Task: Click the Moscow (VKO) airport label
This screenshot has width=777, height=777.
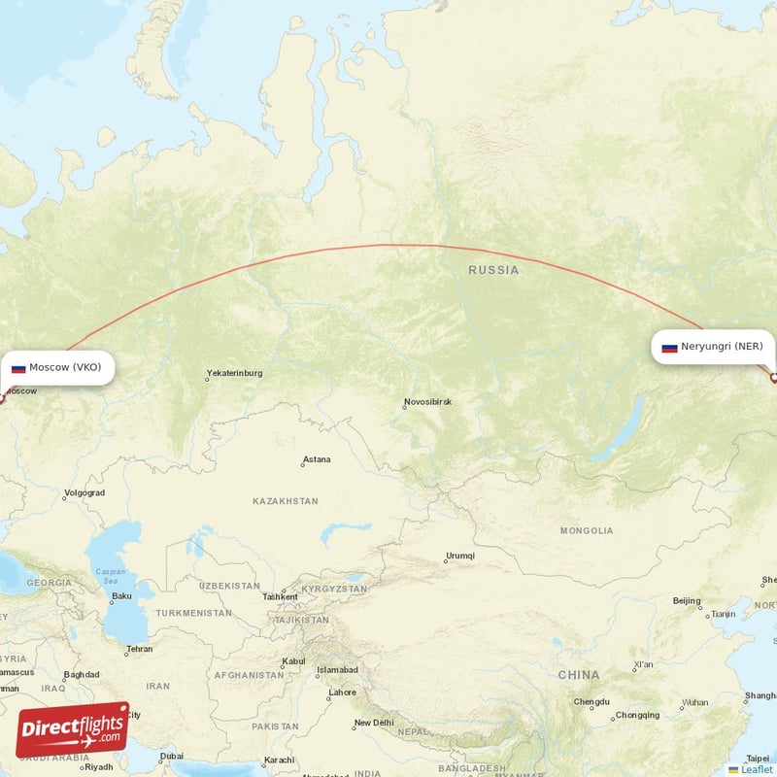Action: (64, 367)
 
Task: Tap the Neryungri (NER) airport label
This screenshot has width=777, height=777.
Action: (722, 346)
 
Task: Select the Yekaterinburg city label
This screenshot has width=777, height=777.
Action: (234, 373)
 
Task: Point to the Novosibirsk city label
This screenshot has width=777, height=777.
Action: (427, 402)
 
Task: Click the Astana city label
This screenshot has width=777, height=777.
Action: (317, 459)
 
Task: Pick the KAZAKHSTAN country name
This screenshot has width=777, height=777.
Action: (286, 501)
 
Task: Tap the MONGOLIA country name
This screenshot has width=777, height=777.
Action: (587, 531)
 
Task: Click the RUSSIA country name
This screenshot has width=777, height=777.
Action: (493, 270)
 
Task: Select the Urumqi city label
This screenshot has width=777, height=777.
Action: (459, 556)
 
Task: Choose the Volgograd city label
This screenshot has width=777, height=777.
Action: (84, 493)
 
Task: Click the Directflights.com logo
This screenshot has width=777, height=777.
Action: (73, 729)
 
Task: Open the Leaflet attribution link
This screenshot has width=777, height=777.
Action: (757, 769)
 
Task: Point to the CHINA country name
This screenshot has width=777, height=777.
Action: (579, 674)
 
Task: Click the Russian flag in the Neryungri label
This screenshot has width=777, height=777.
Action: (669, 347)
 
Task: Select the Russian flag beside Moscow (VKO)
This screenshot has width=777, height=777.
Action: (18, 368)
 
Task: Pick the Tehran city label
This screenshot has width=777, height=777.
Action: (139, 649)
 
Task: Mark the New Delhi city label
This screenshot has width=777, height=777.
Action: (373, 723)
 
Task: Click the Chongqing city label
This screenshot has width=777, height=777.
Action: (637, 715)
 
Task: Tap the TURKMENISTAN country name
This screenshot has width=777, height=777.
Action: (194, 613)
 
